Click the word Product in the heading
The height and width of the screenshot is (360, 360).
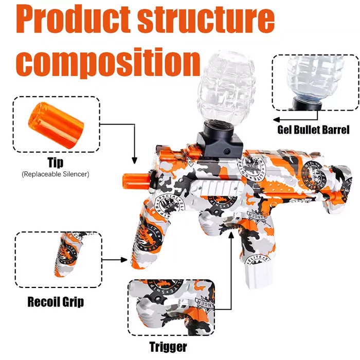click(x=73, y=20)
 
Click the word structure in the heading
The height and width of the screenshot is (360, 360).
click(x=206, y=20)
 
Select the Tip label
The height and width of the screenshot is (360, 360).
click(x=56, y=163)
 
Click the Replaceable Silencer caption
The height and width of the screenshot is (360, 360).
click(x=56, y=174)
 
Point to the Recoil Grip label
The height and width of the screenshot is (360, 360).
click(x=56, y=301)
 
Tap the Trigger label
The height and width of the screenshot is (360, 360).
click(x=168, y=346)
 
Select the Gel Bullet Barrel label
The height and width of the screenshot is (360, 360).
click(x=313, y=130)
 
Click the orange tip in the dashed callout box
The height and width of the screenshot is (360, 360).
click(x=56, y=125)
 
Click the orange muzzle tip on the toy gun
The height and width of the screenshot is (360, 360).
click(x=136, y=182)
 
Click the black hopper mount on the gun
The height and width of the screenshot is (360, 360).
click(x=219, y=140)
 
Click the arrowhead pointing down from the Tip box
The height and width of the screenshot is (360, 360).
click(x=135, y=160)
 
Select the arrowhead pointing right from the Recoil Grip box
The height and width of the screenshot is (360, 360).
click(x=124, y=260)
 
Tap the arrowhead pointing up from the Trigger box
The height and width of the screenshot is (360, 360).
click(x=231, y=236)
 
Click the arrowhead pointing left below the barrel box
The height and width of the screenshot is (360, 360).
click(x=277, y=120)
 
